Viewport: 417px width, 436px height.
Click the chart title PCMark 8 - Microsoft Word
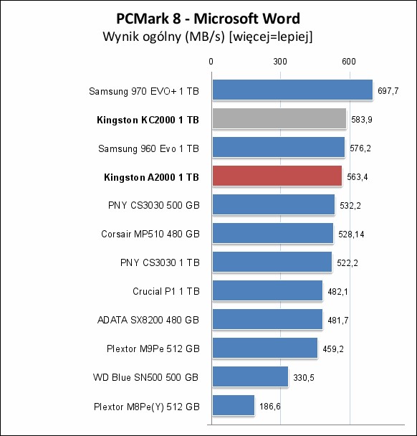coord(208,19)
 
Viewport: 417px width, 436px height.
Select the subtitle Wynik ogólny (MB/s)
coord(163,37)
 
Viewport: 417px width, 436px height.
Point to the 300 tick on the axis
coord(280,62)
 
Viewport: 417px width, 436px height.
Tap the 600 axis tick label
coord(349,62)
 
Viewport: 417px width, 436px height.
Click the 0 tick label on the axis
coord(211,62)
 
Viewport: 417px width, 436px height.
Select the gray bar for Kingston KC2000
coord(279,119)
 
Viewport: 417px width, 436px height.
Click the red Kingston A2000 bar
coord(277,176)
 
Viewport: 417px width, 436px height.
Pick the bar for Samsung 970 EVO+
coord(292,90)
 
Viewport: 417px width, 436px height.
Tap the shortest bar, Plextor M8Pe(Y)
coord(234,405)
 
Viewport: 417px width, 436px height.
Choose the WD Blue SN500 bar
coord(250,376)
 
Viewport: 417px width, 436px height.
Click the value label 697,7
coord(388,91)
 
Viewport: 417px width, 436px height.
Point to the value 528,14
coord(351,234)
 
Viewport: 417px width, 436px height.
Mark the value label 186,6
coord(269,407)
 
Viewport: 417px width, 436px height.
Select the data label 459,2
coord(333,349)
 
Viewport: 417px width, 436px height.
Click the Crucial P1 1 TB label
coord(166,291)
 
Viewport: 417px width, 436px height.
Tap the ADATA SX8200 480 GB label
coord(148,320)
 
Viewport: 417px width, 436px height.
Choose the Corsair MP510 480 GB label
coord(150,234)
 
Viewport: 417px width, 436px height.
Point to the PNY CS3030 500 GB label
coord(154,206)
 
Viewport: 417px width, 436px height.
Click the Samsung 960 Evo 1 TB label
coord(148,148)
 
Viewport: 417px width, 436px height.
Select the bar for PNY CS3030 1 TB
coord(272,262)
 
